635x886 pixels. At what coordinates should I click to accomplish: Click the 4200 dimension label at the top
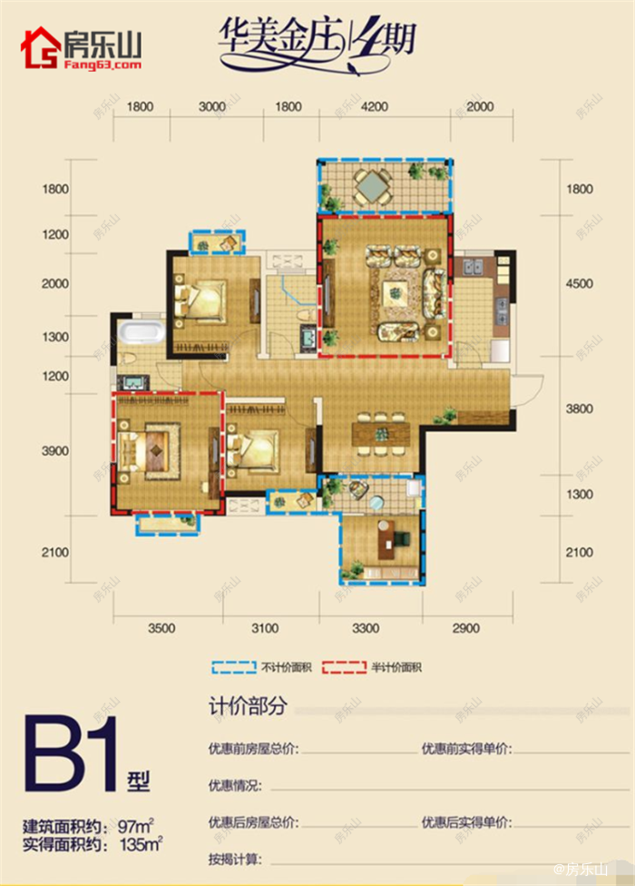pos(375,107)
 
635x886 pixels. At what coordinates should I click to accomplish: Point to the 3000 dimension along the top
pos(211,107)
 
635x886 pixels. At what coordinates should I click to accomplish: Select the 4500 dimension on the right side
pos(578,284)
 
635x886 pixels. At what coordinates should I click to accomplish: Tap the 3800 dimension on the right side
pos(578,409)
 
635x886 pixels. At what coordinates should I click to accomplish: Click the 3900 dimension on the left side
pos(55,451)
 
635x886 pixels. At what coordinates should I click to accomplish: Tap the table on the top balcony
pos(373,188)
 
